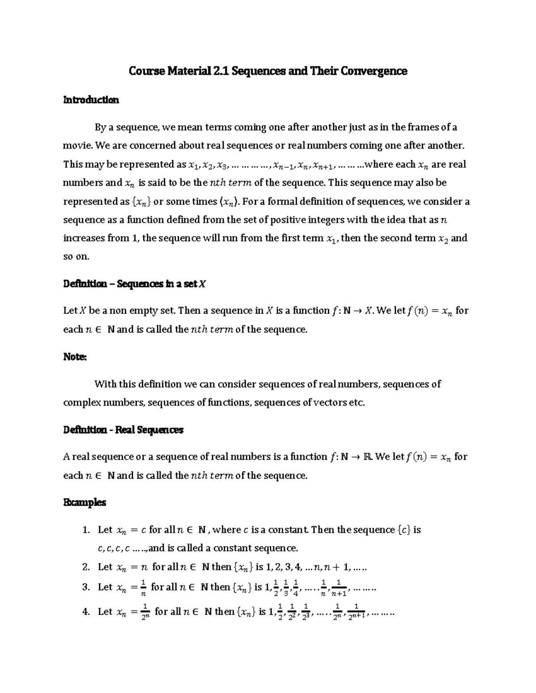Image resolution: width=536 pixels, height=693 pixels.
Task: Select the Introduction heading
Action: coord(91,100)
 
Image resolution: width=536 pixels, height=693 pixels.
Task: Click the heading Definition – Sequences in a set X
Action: coord(134,284)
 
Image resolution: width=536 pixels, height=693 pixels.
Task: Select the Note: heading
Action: coord(75,357)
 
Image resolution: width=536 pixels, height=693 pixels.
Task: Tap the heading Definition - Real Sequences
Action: coord(123,430)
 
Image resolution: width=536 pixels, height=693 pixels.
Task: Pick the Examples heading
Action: coord(84,502)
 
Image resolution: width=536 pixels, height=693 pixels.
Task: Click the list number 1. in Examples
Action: coord(87,530)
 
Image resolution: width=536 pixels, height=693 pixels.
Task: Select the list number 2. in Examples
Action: coord(87,567)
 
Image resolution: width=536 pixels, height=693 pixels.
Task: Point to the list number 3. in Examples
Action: coord(87,587)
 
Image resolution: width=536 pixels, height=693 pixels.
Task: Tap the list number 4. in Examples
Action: coord(87,612)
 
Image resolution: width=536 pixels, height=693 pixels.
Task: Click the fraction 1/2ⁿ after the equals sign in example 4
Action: coord(144,612)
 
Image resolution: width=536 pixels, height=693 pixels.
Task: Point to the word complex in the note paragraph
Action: coord(82,403)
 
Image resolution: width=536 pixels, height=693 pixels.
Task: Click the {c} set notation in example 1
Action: coord(404,530)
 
